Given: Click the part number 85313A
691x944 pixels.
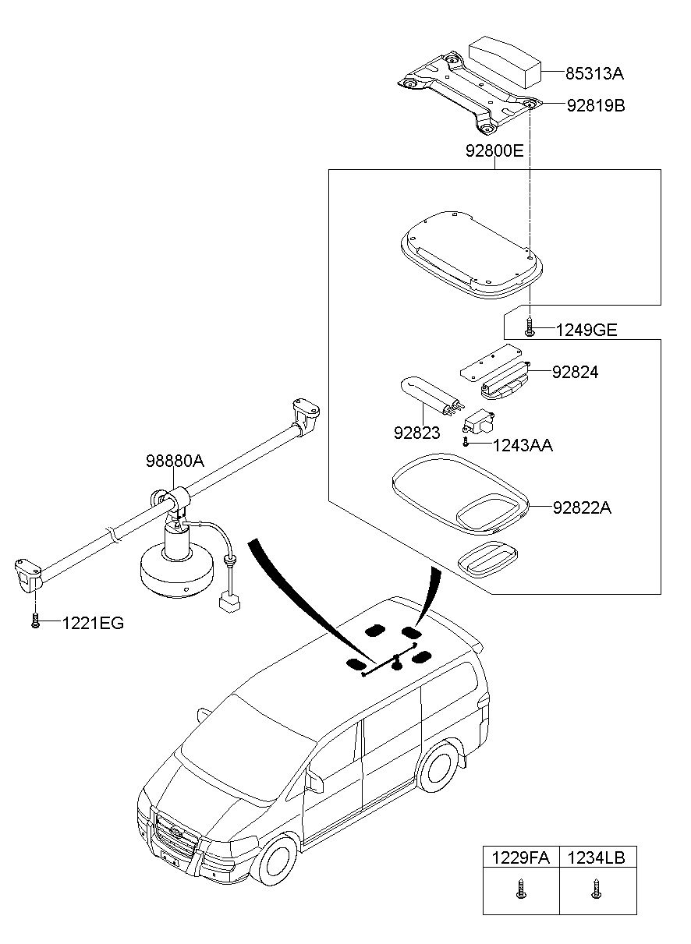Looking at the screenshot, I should [594, 74].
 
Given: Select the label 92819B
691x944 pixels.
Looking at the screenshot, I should [595, 104].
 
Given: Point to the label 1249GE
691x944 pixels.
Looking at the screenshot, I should [586, 330].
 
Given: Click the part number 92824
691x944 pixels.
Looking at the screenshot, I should [575, 373].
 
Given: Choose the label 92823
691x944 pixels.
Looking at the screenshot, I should [417, 433].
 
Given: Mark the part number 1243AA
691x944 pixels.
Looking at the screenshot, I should [523, 445].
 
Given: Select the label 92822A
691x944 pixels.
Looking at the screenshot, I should [581, 508].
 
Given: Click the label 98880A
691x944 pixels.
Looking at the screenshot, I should [174, 461].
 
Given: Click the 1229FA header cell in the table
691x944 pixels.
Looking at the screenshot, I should [520, 858].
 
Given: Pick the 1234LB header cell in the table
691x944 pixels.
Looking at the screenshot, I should [597, 858].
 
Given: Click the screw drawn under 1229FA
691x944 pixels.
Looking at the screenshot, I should [521, 888].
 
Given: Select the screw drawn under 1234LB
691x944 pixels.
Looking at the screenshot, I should [597, 888].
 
